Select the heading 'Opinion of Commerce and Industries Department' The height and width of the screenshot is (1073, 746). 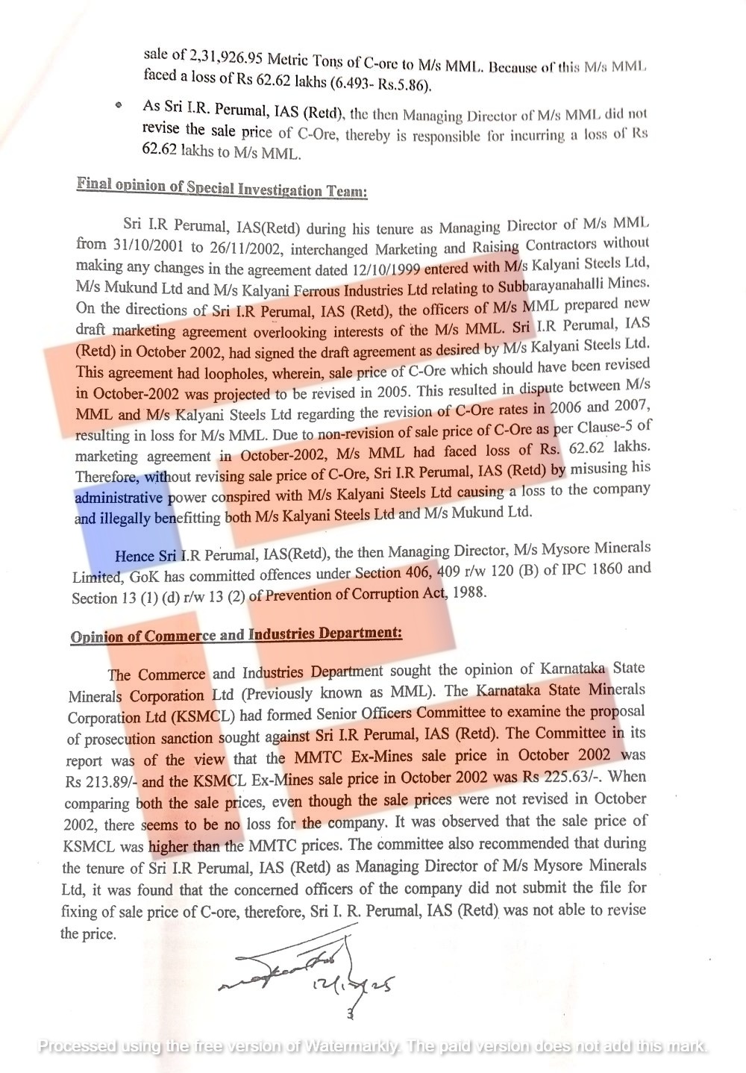point(236,635)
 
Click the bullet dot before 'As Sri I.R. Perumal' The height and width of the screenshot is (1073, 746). point(118,106)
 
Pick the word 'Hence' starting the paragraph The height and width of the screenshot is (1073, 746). point(134,557)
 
